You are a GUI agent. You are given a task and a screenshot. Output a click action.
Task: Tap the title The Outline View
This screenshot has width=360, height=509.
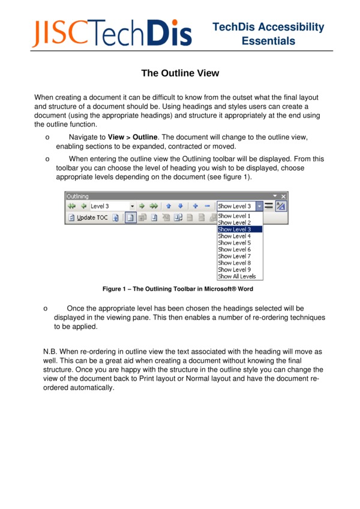coord(180,74)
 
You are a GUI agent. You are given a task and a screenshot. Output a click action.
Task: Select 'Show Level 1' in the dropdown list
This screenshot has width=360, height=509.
coord(234,216)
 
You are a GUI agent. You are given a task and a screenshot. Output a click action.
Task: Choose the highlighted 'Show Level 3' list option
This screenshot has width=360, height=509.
coord(235,230)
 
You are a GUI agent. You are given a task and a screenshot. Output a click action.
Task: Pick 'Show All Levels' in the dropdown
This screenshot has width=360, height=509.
coord(236,276)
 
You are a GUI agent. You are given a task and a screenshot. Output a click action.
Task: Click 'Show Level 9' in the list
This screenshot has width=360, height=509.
coord(234,270)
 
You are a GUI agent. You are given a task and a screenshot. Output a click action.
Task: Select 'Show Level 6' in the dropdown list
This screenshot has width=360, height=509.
coord(234,249)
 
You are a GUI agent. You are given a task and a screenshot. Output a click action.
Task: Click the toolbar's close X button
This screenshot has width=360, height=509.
coord(284,196)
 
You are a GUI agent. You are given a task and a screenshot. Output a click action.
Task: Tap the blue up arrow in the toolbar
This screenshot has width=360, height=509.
coord(169,206)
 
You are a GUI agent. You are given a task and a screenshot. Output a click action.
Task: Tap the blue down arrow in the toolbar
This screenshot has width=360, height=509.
coord(180,206)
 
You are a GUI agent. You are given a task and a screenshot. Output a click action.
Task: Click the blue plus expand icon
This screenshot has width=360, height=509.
coord(196,206)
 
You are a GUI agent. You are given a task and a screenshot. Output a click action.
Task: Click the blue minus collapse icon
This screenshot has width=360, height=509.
coord(207,206)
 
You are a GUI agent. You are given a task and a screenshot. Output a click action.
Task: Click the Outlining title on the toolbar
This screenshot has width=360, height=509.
coord(77,196)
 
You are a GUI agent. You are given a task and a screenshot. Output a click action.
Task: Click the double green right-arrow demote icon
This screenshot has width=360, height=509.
coord(154,206)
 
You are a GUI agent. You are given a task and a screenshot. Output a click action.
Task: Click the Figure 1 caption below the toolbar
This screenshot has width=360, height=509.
coord(178,289)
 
